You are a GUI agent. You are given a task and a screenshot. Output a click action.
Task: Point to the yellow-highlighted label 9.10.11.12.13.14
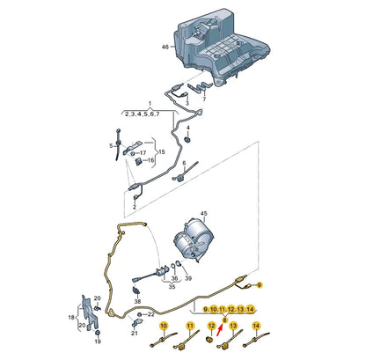(229, 311)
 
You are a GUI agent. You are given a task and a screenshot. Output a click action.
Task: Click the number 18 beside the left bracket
(70, 316)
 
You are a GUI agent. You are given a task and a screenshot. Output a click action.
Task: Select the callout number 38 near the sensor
(136, 302)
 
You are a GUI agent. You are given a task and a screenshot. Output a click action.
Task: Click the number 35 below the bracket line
(172, 288)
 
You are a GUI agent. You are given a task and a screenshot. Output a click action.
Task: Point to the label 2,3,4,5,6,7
(141, 114)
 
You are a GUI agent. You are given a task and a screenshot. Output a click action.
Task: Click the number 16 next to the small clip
(150, 161)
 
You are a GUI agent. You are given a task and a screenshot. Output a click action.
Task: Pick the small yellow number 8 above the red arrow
(225, 319)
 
